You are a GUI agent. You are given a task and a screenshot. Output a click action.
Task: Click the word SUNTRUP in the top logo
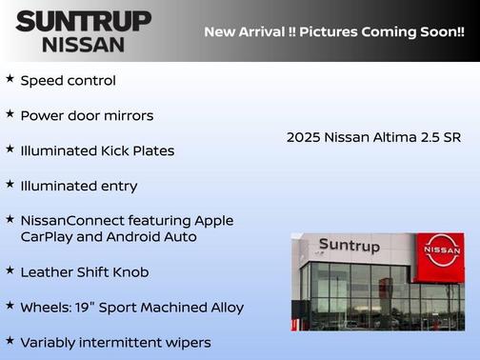(x=83, y=21)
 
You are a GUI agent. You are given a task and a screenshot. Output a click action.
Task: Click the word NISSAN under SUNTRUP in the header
(x=83, y=44)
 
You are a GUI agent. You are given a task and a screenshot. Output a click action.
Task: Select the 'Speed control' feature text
(x=68, y=81)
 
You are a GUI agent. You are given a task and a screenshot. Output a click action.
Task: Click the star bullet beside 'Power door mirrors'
(x=10, y=114)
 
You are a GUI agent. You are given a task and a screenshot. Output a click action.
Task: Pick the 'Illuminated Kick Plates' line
(x=97, y=150)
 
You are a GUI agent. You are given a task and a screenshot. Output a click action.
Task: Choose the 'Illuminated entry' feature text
(x=79, y=186)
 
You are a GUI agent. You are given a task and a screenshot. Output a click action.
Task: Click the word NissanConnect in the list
(x=68, y=221)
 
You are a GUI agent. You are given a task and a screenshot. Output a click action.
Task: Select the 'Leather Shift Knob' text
(x=85, y=272)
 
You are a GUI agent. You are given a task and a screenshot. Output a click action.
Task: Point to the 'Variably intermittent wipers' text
(x=115, y=343)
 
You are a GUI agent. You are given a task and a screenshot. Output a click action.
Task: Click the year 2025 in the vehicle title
(x=303, y=137)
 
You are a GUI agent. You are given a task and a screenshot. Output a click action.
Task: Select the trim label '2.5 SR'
(x=440, y=137)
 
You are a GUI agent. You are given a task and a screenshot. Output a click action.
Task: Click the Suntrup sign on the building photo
(x=349, y=247)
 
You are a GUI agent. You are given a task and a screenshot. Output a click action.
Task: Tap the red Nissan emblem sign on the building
(x=441, y=250)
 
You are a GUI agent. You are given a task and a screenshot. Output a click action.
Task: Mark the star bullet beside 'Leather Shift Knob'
(x=10, y=270)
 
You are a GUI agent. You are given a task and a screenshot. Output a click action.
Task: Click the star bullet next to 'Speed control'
(x=10, y=79)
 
